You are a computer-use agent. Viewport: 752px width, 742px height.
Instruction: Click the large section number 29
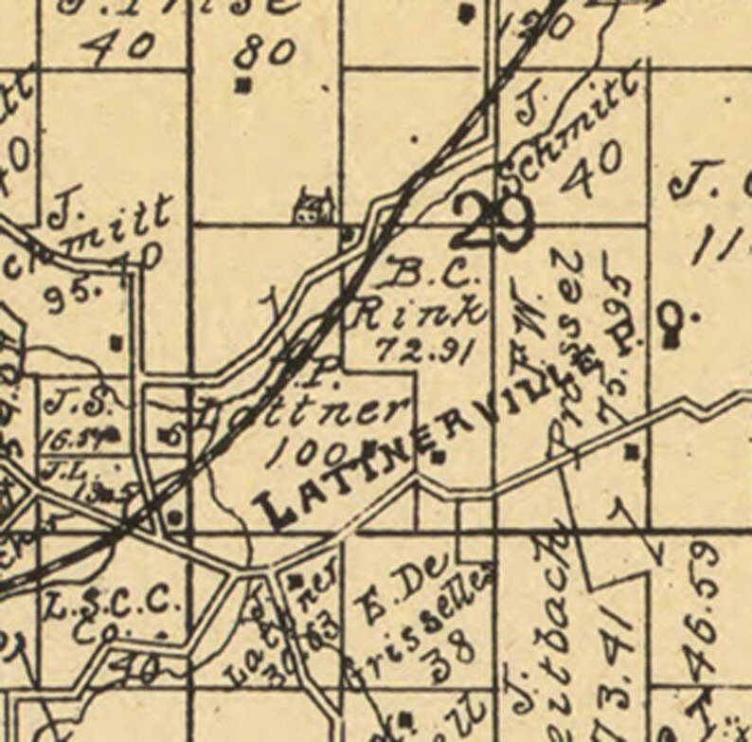tap(493, 220)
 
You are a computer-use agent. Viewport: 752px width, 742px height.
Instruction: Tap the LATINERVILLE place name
tap(403, 447)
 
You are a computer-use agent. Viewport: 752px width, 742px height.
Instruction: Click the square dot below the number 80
tap(244, 85)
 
